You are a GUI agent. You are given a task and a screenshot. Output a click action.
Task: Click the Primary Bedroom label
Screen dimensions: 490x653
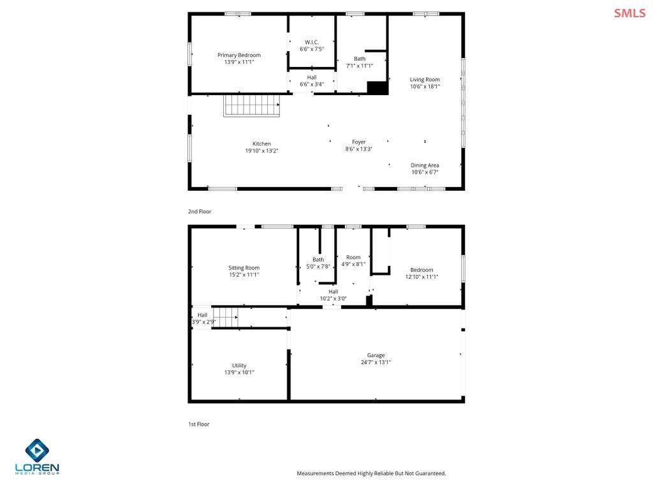click(x=239, y=55)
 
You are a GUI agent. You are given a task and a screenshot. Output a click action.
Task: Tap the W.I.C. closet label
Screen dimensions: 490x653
click(x=312, y=42)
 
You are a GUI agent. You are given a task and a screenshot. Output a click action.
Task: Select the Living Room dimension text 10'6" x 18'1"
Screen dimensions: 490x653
click(x=425, y=86)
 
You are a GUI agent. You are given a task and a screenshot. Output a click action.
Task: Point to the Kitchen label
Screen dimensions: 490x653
click(x=261, y=144)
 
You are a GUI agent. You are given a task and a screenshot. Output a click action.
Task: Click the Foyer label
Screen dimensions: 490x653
click(x=359, y=142)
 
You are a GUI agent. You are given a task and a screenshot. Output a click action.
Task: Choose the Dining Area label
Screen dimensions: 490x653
click(x=425, y=165)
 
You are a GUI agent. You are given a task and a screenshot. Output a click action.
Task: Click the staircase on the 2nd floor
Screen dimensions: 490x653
click(x=251, y=106)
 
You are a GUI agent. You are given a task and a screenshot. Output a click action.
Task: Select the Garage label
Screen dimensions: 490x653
click(x=376, y=355)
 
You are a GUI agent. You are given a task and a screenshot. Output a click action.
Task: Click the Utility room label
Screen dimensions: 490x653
click(x=239, y=366)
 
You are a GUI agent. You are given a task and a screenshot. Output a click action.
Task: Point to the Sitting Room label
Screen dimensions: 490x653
click(x=244, y=268)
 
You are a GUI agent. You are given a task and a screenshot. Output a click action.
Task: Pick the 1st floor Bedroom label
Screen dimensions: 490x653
click(x=422, y=270)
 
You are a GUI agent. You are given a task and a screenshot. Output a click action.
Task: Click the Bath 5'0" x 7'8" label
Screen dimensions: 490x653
click(x=318, y=260)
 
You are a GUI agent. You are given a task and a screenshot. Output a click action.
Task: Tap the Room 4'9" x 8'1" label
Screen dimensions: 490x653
click(x=353, y=257)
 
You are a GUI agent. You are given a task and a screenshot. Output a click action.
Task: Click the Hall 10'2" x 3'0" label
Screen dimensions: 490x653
click(x=333, y=292)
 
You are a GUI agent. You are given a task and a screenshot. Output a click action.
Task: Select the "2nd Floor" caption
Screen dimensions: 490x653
click(x=200, y=211)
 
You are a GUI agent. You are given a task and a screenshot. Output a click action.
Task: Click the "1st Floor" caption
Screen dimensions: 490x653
click(x=199, y=424)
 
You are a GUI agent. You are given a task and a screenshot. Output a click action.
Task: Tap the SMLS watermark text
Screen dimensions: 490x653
click(x=630, y=13)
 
